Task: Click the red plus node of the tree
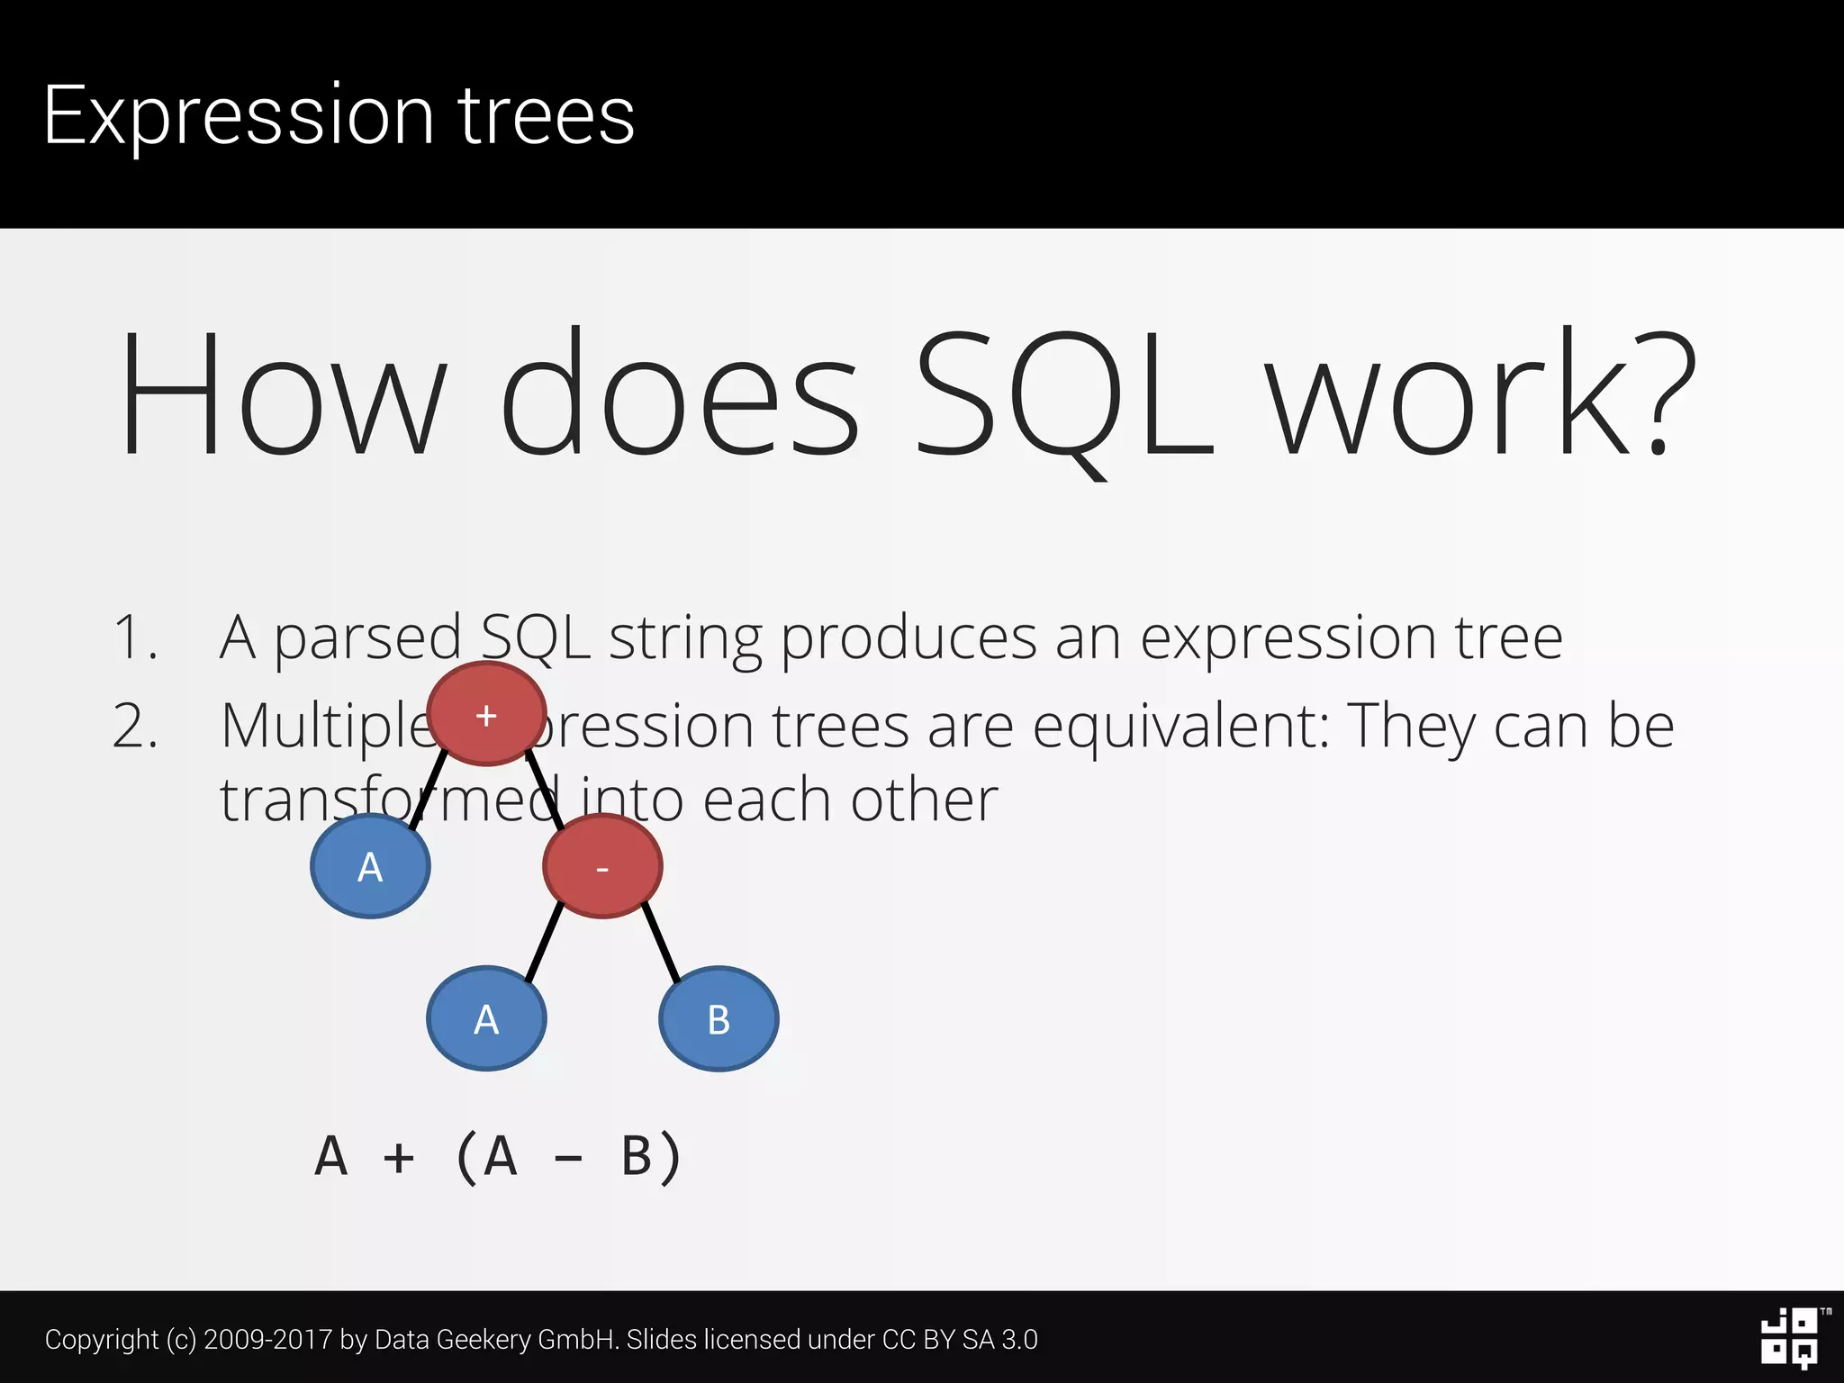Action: [x=486, y=715]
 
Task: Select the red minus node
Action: [x=602, y=867]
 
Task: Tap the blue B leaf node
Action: [x=719, y=1019]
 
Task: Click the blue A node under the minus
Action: [x=486, y=1019]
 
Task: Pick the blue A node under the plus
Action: [x=370, y=867]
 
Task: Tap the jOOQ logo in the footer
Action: [x=1790, y=1339]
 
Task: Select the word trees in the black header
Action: [x=547, y=115]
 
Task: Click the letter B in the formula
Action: [x=637, y=1156]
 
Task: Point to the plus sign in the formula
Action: [x=399, y=1158]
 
